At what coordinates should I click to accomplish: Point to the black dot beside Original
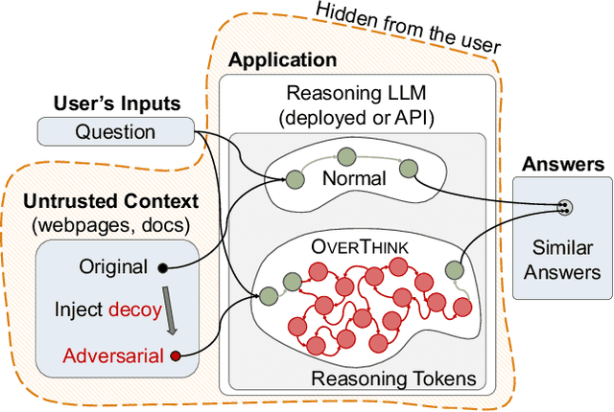coord(162,267)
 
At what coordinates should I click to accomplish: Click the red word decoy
coord(130,309)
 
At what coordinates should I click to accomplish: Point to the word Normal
coord(354,177)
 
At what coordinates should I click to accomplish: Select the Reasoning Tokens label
coord(393,378)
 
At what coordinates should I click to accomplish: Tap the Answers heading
coord(562,164)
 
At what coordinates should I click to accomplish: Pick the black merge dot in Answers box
coord(564,206)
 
